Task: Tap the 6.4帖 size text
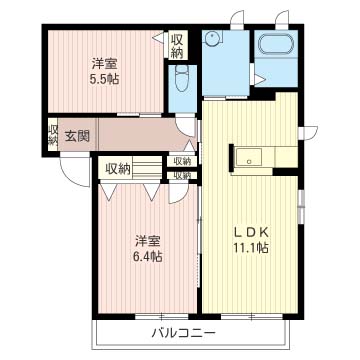[x=146, y=256]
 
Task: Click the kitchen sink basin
[x=249, y=156]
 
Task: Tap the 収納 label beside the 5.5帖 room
[x=177, y=46]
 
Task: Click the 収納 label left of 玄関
[x=52, y=134]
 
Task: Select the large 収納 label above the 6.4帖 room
[x=117, y=169]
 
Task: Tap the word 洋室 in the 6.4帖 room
[x=146, y=239]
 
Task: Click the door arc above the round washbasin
[x=237, y=18]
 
